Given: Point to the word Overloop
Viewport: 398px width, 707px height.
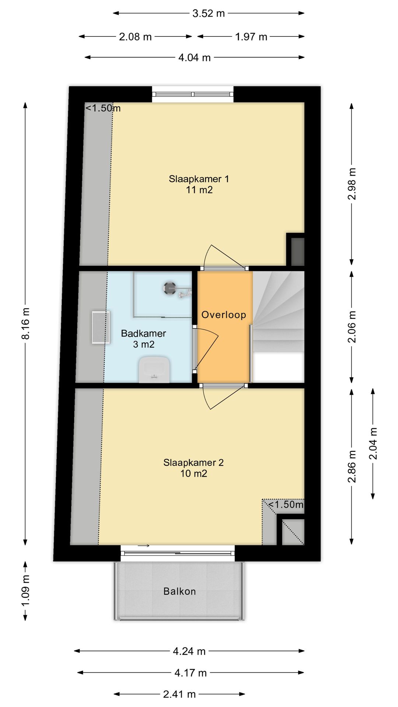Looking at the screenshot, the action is coord(224,315).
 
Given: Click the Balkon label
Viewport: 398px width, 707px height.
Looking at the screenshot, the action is coord(179,591).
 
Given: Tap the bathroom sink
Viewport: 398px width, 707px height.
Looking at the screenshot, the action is coord(154,369).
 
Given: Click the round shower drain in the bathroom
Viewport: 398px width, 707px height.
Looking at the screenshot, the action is coord(170,288).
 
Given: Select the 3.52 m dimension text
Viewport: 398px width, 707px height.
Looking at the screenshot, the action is coord(209,13).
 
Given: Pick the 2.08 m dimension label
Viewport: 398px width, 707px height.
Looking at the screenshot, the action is coord(135,37).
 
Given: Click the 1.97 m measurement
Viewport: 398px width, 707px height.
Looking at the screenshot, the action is coord(251,37).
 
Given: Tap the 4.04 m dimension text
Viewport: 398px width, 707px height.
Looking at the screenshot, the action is coord(195,57).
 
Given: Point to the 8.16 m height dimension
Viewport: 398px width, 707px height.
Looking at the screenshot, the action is coord(25,323).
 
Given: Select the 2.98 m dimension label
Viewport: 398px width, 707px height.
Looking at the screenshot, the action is coord(352,184).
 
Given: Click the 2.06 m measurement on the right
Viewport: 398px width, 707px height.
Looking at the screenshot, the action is coord(352,327).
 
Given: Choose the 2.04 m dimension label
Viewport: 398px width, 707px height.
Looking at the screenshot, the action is coord(373,443).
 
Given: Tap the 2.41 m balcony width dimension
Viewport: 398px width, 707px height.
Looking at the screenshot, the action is coord(179,694).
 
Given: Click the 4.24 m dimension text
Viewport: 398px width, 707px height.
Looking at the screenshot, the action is coord(189,651).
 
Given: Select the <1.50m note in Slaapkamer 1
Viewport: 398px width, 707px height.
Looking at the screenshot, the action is coord(103,108).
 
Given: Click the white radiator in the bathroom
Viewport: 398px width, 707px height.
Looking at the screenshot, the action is coord(101,327).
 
